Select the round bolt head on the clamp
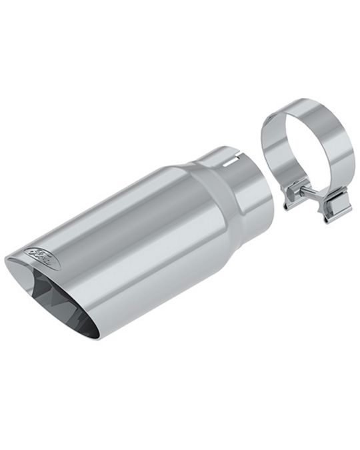click(292, 196)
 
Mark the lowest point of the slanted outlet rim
click(97, 337)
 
